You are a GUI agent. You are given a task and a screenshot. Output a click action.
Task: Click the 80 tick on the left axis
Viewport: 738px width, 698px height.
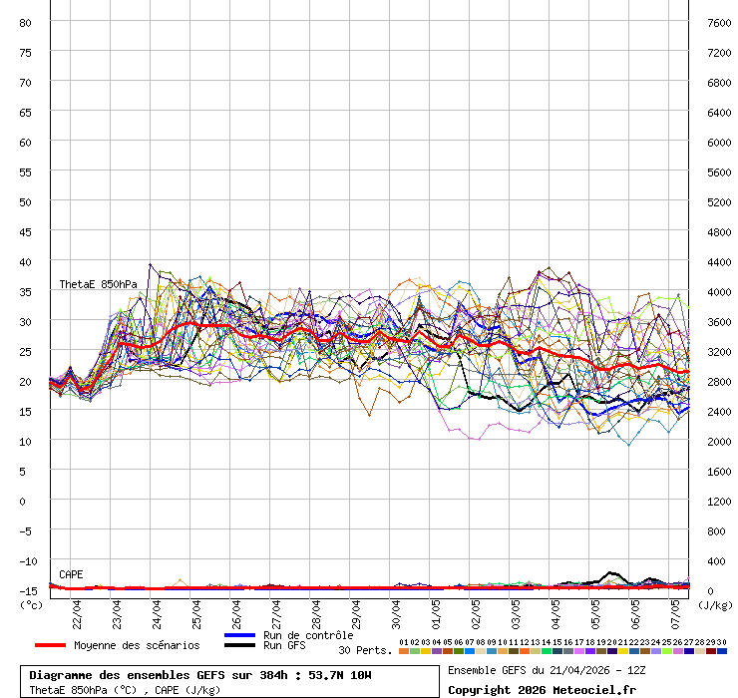pos(26,22)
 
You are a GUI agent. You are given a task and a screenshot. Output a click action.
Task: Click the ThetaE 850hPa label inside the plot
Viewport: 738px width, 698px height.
pos(98,284)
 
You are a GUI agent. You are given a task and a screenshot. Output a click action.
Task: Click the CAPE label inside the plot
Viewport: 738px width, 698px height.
pos(71,574)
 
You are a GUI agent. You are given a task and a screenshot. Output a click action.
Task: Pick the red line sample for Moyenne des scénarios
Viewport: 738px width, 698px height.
pos(50,645)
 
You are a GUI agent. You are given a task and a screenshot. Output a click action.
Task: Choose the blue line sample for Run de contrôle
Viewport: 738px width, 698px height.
pos(239,635)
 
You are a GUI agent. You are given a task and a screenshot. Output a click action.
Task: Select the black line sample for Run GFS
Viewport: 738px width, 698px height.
pos(239,646)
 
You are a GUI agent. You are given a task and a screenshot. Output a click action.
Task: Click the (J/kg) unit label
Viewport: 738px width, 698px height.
pos(715,604)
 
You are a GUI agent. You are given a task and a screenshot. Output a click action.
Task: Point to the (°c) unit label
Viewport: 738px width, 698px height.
pos(30,604)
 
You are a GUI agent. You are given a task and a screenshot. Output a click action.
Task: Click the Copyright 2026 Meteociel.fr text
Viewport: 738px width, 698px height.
pos(542,689)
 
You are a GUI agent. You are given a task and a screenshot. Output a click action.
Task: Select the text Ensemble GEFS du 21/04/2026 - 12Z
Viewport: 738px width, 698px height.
pos(546,669)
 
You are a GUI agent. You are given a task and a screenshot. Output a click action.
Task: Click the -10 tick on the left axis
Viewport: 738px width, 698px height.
pos(26,560)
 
